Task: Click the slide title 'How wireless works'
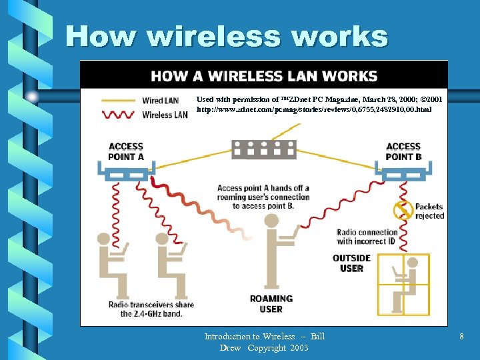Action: pyautogui.click(x=227, y=36)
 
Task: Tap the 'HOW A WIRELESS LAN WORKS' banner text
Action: pyautogui.click(x=264, y=76)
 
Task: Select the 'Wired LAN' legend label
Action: pyautogui.click(x=161, y=101)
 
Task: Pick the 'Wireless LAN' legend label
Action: pyautogui.click(x=165, y=115)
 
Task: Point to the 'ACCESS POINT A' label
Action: pyautogui.click(x=126, y=151)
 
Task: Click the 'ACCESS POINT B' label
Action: pyautogui.click(x=403, y=151)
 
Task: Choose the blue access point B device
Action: pyautogui.click(x=404, y=172)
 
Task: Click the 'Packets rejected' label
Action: pyautogui.click(x=430, y=211)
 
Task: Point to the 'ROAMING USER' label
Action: pyautogui.click(x=271, y=303)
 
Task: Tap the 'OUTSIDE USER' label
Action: pyautogui.click(x=351, y=263)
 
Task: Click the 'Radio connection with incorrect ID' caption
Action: pyautogui.click(x=367, y=237)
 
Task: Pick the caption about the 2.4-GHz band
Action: pyautogui.click(x=151, y=309)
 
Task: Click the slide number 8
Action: pyautogui.click(x=461, y=337)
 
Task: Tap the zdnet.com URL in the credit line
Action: pyautogui.click(x=314, y=109)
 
